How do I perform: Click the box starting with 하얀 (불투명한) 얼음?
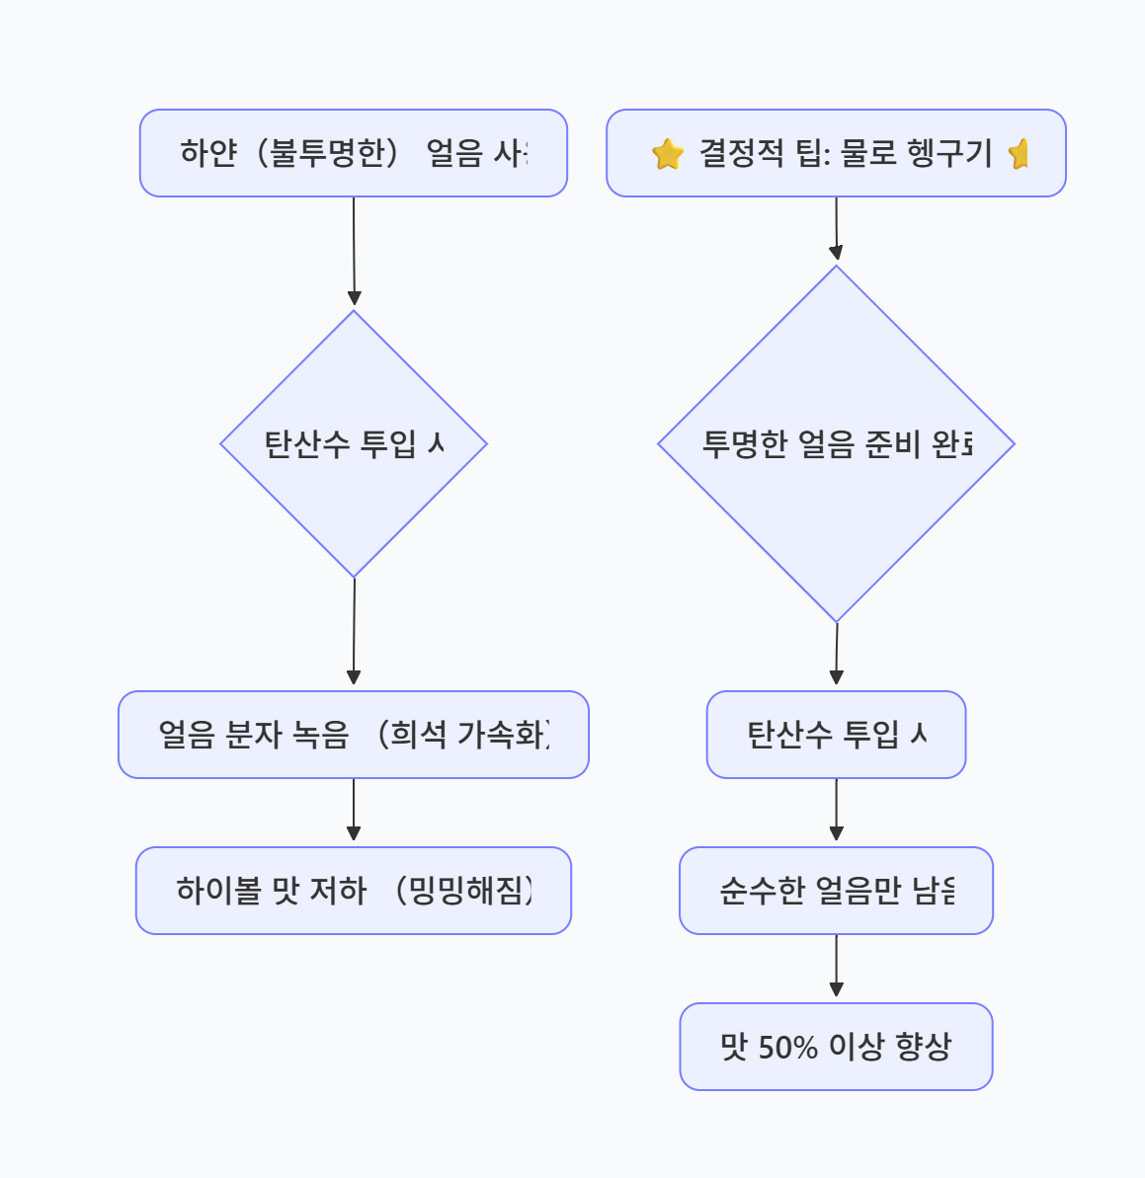(x=353, y=153)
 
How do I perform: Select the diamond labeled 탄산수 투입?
(x=353, y=443)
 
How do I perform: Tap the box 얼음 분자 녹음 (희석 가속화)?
(x=353, y=735)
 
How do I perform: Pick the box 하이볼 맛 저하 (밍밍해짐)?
(x=353, y=891)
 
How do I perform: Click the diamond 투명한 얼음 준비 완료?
(x=836, y=443)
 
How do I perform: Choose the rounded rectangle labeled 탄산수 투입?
(x=836, y=735)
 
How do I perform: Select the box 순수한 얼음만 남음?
(x=836, y=891)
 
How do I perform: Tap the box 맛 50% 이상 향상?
(x=836, y=1047)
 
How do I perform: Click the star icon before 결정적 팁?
(x=668, y=154)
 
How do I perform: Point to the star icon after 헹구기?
(x=1019, y=154)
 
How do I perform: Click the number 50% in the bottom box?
(x=788, y=1047)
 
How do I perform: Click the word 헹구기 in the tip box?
(x=952, y=153)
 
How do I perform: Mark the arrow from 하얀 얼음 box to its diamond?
(x=354, y=252)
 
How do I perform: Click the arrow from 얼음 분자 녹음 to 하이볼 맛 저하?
(x=353, y=810)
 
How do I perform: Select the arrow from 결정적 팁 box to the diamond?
(x=836, y=229)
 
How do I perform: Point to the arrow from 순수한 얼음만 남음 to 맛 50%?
(x=836, y=966)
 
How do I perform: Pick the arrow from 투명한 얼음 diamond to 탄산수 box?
(x=836, y=654)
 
